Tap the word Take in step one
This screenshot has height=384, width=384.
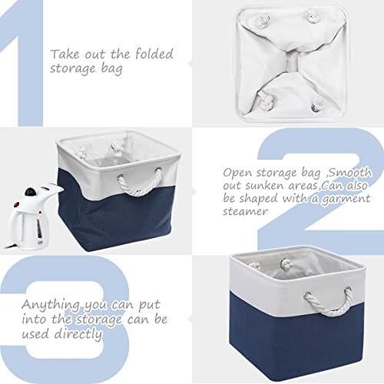click(64, 55)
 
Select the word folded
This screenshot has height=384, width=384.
click(152, 55)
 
